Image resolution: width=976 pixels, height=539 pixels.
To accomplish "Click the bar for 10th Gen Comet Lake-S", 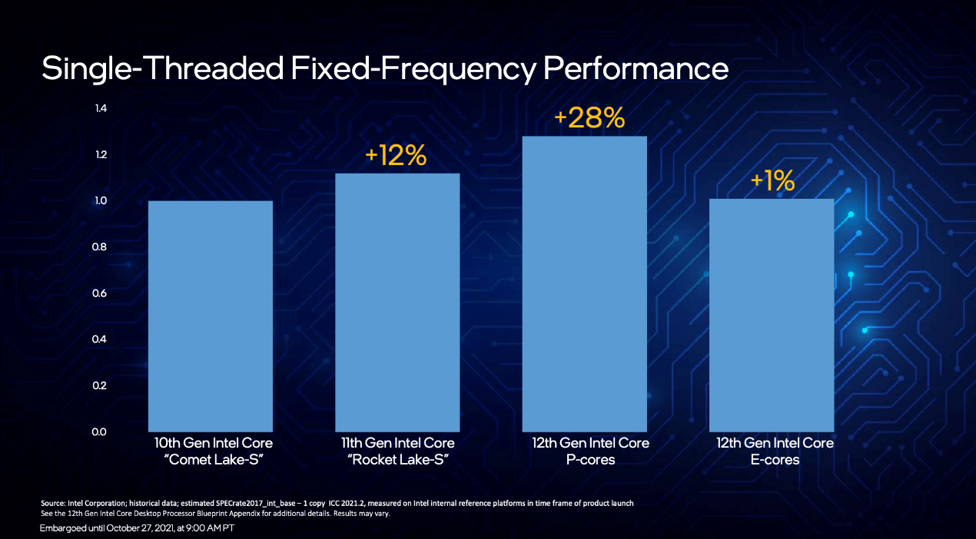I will pyautogui.click(x=210, y=316).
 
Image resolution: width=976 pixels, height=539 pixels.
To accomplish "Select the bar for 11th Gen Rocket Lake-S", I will pyautogui.click(x=397, y=302).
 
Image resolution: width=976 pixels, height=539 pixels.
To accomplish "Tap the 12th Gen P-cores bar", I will pyautogui.click(x=584, y=283).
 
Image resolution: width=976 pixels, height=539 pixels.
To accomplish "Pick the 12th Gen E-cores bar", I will pyautogui.click(x=771, y=315).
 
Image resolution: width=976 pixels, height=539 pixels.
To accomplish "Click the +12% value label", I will pyautogui.click(x=396, y=156).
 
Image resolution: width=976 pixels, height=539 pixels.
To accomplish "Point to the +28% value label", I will pyautogui.click(x=589, y=119).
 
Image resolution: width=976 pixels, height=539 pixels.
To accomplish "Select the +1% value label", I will pyautogui.click(x=772, y=181).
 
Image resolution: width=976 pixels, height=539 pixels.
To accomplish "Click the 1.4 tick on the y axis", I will pyautogui.click(x=101, y=108).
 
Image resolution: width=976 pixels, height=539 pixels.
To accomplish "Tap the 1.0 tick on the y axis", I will pyautogui.click(x=101, y=200).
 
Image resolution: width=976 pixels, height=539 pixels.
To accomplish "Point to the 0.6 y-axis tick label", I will pyautogui.click(x=101, y=293).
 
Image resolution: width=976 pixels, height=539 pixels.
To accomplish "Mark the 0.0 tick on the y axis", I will pyautogui.click(x=101, y=432).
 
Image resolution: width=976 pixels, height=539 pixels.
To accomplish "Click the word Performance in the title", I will pyautogui.click(x=636, y=68).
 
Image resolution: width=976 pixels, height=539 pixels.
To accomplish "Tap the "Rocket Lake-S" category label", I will pyautogui.click(x=397, y=460).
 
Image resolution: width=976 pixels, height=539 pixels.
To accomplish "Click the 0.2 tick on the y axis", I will pyautogui.click(x=101, y=385).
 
